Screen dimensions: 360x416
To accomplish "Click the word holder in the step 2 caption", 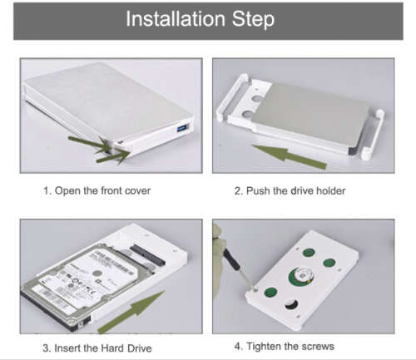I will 329,191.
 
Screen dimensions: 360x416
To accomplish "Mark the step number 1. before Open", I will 47,191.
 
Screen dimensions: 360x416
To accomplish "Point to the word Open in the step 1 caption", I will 67,191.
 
